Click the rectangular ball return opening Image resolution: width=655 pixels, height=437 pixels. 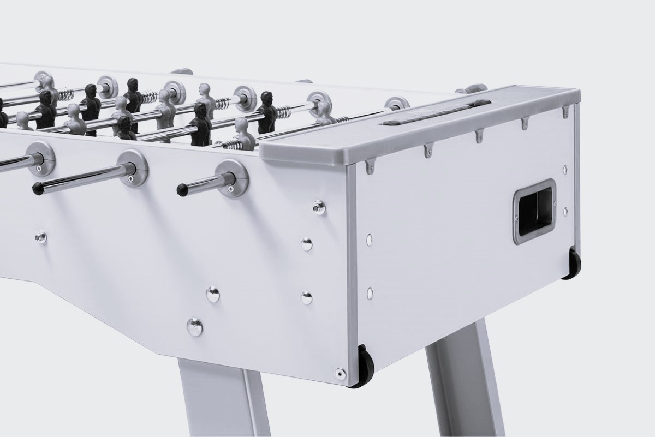tap(533, 211)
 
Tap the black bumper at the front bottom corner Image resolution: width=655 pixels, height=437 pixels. tap(365, 366)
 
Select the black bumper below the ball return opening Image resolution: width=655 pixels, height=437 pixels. tap(573, 264)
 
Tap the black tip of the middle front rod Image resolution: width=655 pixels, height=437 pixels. tap(37, 189)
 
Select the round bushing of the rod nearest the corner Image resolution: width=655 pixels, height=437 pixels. tap(231, 178)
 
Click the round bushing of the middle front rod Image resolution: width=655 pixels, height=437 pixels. tap(133, 169)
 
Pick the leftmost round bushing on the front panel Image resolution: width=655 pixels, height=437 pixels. tap(41, 158)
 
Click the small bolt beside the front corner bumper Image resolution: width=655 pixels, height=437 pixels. tap(340, 373)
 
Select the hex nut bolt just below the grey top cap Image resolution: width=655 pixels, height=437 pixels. tap(318, 207)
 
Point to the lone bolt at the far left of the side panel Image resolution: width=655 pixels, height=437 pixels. tap(40, 237)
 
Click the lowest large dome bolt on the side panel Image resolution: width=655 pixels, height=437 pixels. tap(194, 326)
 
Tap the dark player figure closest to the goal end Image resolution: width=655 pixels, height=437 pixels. tap(266, 112)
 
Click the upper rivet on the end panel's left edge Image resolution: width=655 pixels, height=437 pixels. tap(370, 238)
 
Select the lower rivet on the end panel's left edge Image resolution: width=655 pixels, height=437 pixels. tap(370, 293)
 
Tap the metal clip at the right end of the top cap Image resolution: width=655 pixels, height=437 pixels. tap(566, 112)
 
